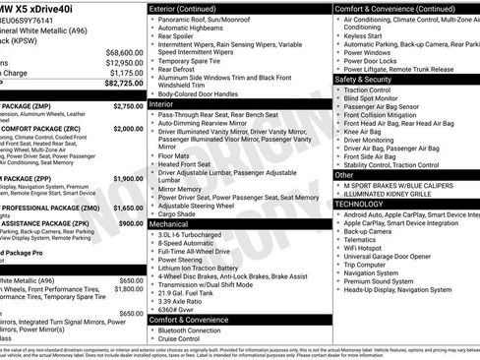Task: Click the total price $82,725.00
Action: [117, 87]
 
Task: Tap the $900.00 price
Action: [131, 223]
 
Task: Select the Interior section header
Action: [161, 102]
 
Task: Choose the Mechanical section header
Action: [169, 224]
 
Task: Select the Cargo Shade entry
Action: [179, 214]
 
